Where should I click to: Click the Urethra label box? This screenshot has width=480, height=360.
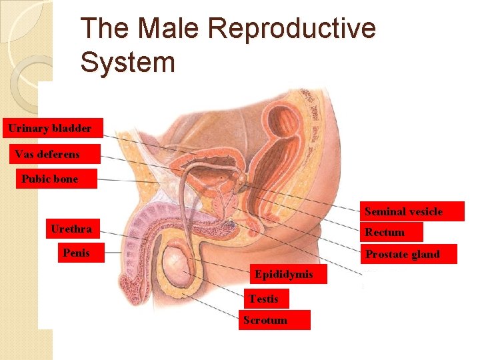click(72, 229)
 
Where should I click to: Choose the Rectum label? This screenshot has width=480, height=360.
click(392, 232)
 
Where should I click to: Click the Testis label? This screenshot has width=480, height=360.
click(265, 299)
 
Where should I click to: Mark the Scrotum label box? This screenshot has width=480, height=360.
click(273, 320)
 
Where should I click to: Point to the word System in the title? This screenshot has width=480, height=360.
click(127, 63)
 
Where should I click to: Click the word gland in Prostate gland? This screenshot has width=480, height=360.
click(425, 254)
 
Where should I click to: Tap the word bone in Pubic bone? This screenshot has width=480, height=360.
click(67, 179)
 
